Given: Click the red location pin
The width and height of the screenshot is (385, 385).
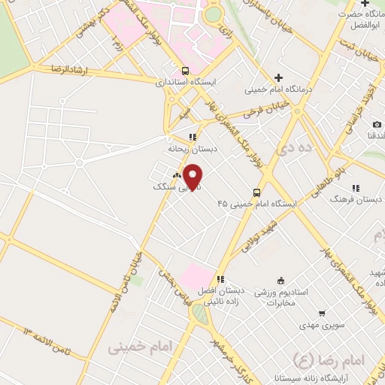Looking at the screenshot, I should pyautogui.click(x=193, y=177).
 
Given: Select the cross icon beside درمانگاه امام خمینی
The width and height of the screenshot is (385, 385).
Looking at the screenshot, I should pyautogui.click(x=278, y=77).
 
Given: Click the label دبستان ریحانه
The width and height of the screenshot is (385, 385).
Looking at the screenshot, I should pyautogui.click(x=193, y=149).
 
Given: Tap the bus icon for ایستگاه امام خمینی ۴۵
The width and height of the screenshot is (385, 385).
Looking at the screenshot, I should pyautogui.click(x=256, y=192).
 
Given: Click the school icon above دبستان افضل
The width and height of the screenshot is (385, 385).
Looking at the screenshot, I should pyautogui.click(x=220, y=278).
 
